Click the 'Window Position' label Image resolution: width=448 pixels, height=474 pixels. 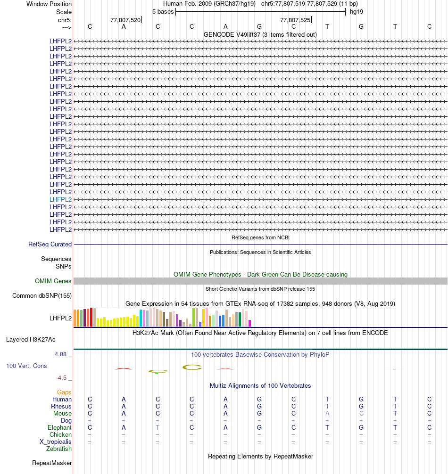(x=49, y=4)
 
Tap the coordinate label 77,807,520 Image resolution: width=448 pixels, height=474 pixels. (x=125, y=20)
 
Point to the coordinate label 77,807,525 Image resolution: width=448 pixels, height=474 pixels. (x=295, y=20)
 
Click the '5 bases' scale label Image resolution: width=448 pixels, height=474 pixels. (x=163, y=11)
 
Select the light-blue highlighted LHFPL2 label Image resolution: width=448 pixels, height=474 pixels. (x=60, y=199)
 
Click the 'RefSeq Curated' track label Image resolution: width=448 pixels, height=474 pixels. (x=50, y=245)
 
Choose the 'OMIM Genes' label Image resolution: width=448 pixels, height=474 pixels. (x=53, y=281)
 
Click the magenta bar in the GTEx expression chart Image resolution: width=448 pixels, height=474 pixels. (x=250, y=323)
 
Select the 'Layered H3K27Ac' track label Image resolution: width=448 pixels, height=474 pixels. (x=31, y=339)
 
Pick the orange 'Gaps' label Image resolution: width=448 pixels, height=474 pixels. (x=64, y=392)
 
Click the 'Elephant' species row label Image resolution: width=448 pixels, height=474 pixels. (x=59, y=427)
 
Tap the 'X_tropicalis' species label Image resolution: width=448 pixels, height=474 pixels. (x=56, y=441)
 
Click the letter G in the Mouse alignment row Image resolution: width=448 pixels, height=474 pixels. (x=259, y=413)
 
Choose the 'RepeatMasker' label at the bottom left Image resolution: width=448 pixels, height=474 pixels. (x=52, y=463)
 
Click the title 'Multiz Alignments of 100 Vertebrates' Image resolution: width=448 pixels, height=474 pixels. (x=260, y=385)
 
